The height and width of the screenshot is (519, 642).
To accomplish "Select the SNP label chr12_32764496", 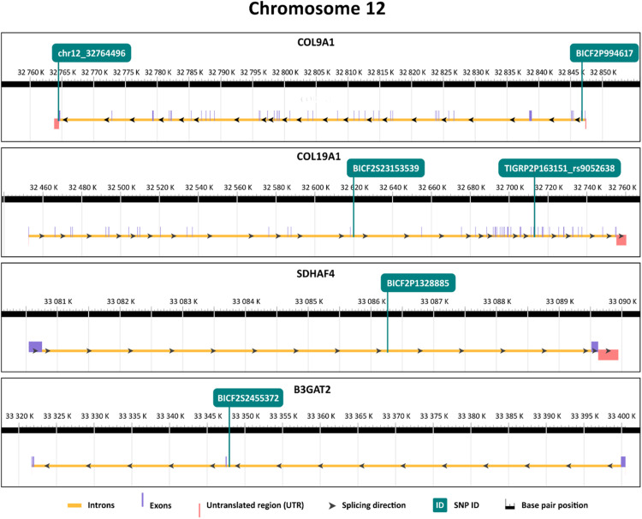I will click(90, 53).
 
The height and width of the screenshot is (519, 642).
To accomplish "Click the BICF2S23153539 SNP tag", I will click(388, 167).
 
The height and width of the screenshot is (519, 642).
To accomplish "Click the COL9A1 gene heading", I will click(320, 40).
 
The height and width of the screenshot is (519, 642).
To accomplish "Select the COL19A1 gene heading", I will click(320, 156).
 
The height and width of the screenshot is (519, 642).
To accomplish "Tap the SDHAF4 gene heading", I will click(320, 271).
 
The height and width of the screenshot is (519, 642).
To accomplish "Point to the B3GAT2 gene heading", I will click(320, 389).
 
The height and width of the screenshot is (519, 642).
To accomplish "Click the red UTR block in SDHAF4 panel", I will click(608, 355).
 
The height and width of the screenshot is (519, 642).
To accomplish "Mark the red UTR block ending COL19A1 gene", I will click(621, 240).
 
